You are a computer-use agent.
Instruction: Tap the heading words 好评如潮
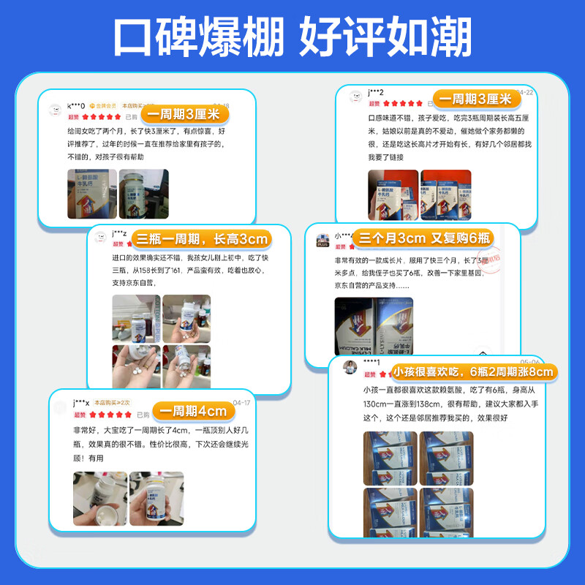(x=385, y=36)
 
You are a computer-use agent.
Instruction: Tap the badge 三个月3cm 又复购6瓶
(x=423, y=238)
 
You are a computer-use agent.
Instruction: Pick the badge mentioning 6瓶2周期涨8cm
(x=474, y=372)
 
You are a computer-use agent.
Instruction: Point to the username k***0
(x=76, y=106)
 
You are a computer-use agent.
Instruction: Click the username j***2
(x=376, y=92)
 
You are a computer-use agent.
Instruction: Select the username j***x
(x=80, y=403)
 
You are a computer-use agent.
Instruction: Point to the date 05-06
(x=529, y=362)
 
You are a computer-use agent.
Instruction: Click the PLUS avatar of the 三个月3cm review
(x=323, y=240)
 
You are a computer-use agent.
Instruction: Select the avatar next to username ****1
(x=350, y=366)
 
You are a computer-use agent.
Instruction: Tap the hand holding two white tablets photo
(x=136, y=366)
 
